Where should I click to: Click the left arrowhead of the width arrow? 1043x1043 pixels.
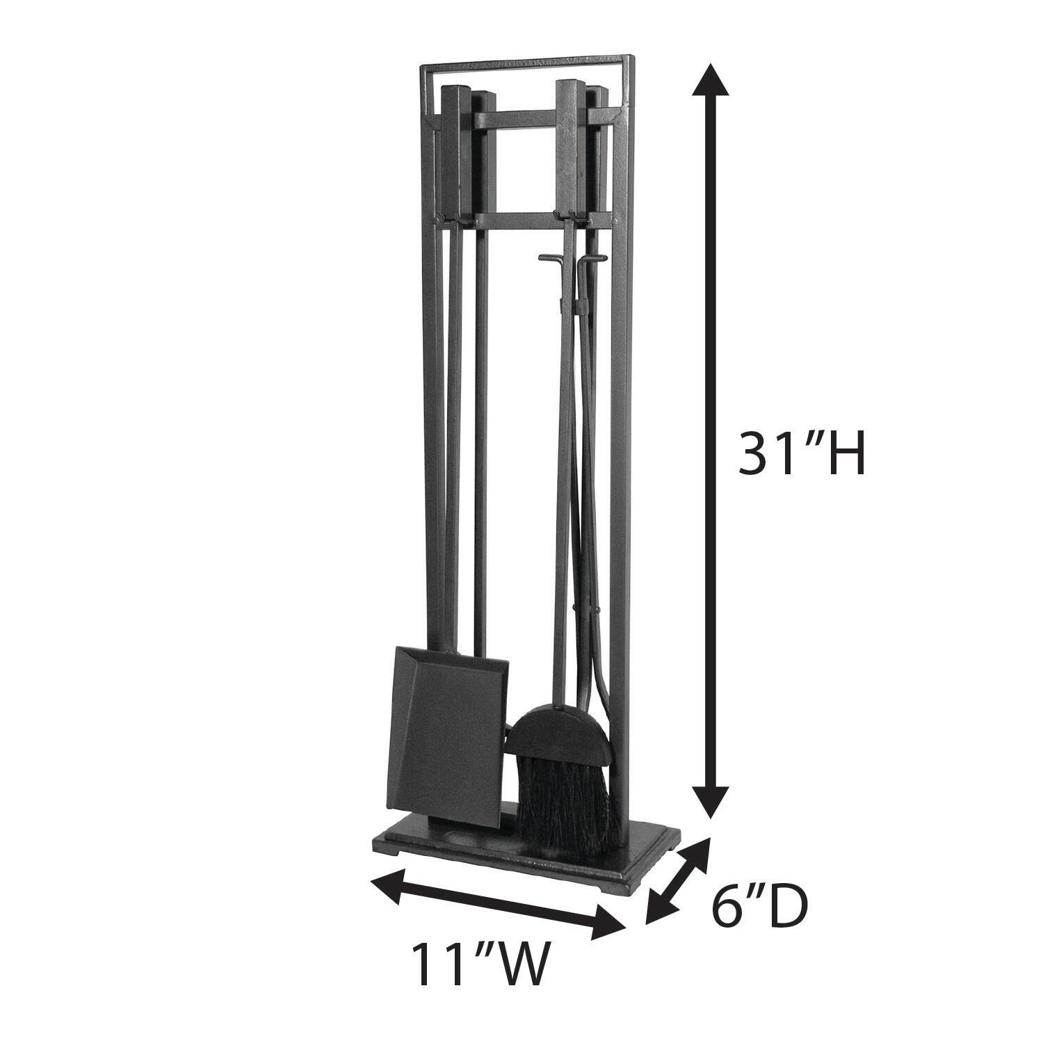point(387,884)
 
